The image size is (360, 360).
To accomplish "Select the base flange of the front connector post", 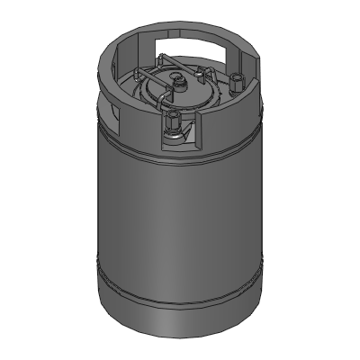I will coord(173,135).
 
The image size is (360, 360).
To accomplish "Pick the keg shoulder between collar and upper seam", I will coord(135,135).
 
